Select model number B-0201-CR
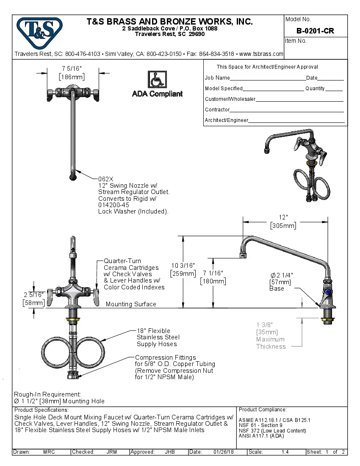[315, 31]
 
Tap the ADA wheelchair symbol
[157, 80]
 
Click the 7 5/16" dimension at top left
[72, 68]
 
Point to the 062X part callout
[105, 179]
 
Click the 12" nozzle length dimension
[283, 217]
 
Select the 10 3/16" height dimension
[183, 266]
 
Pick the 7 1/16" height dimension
[213, 273]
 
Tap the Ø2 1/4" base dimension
[282, 275]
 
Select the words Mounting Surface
[131, 304]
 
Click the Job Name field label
[217, 78]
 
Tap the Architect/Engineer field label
[227, 120]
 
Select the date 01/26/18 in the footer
[223, 452]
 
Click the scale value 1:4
[285, 452]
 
